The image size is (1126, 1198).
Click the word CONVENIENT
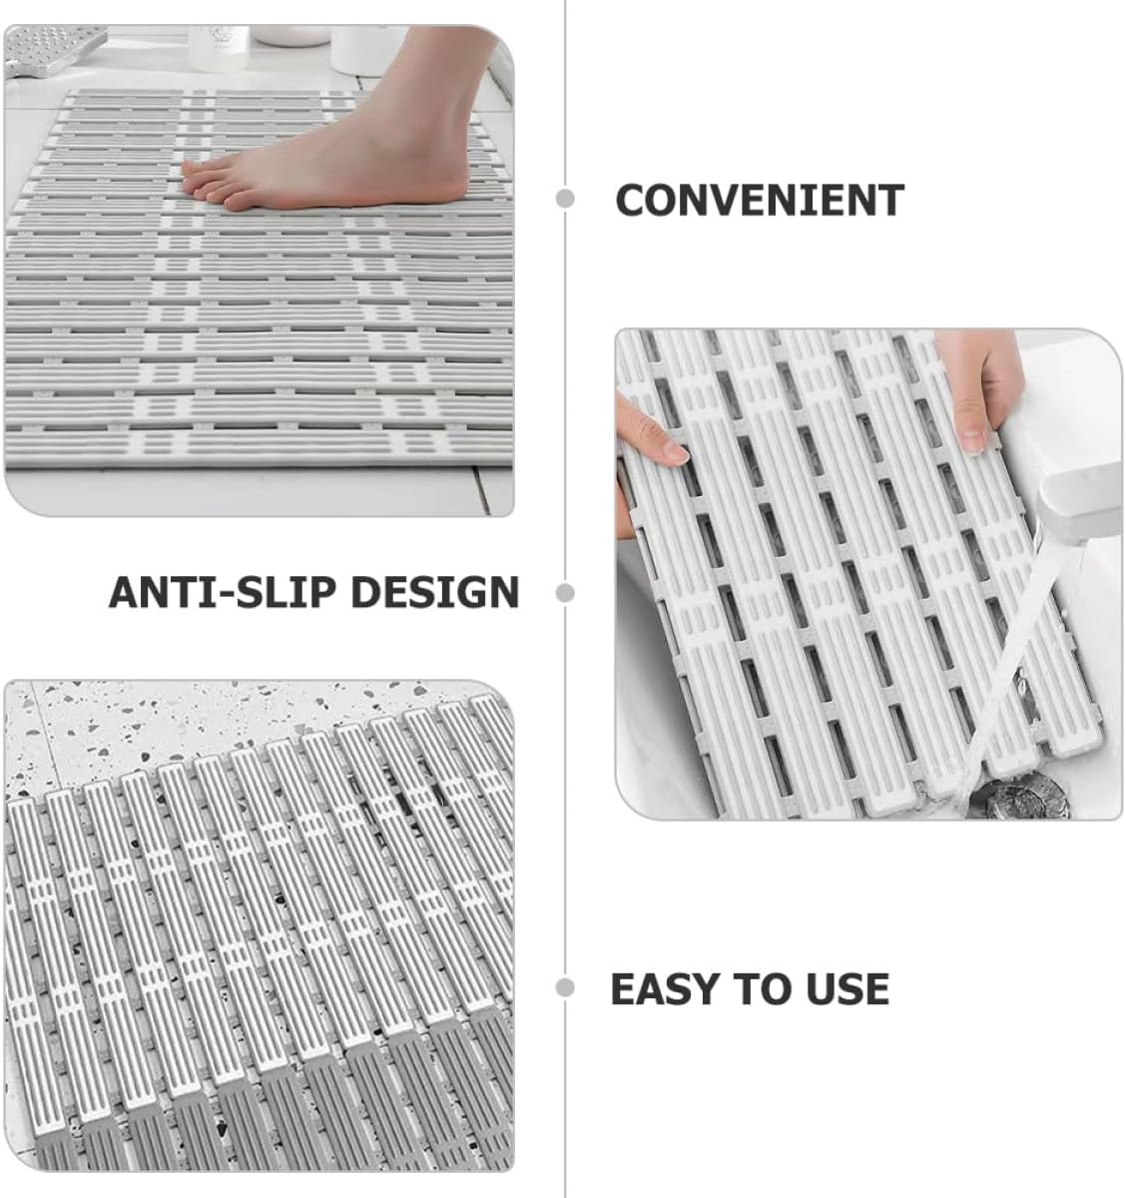(759, 200)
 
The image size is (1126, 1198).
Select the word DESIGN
(435, 592)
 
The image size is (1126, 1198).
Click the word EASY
(666, 988)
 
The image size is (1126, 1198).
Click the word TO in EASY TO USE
(764, 988)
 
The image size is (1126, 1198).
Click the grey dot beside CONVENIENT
(566, 199)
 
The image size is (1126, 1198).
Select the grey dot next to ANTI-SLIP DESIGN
(566, 593)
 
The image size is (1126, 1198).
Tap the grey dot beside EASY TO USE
(566, 988)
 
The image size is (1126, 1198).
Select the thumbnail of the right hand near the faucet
(969, 436)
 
